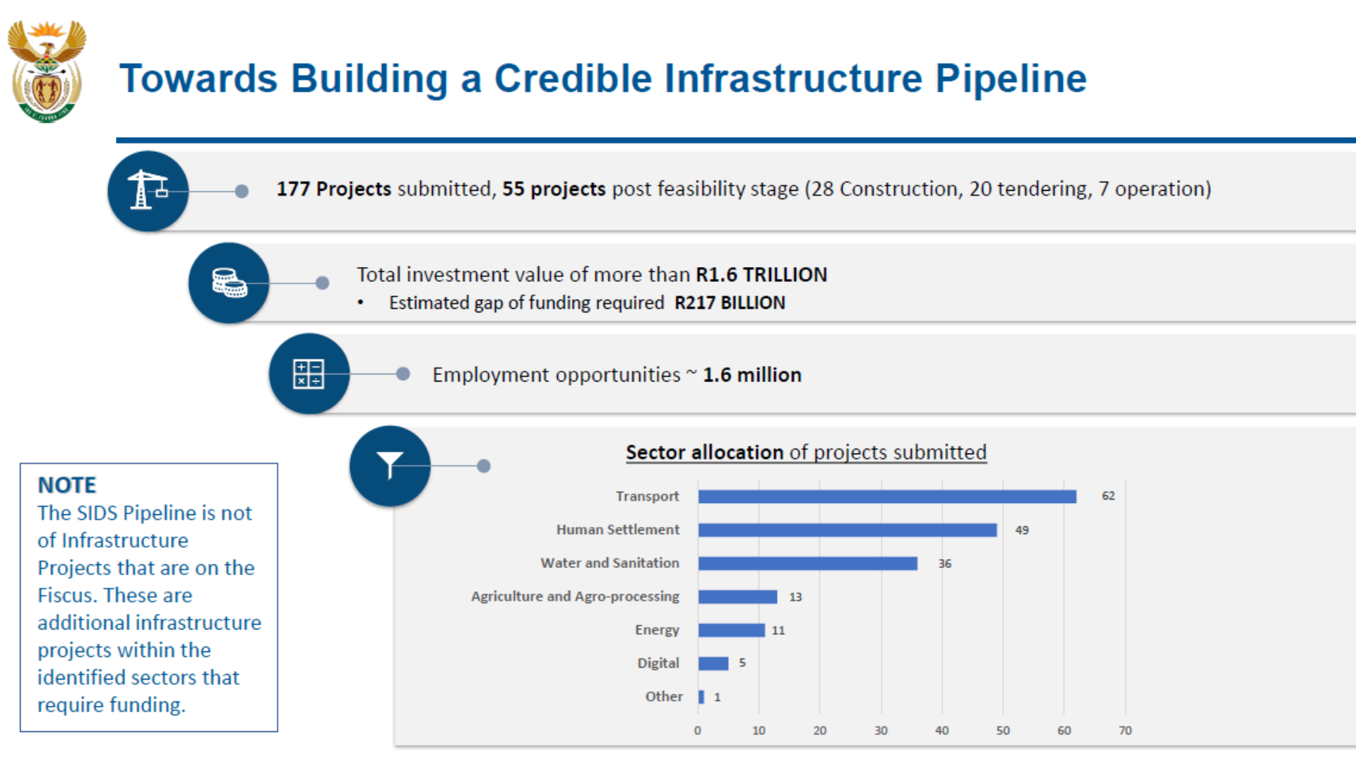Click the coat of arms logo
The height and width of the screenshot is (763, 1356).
tap(47, 71)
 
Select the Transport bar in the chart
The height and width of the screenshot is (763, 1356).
tap(887, 497)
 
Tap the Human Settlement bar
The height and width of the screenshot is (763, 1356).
tap(847, 530)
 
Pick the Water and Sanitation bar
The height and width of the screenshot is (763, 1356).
tap(808, 563)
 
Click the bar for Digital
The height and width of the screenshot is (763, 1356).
tap(713, 663)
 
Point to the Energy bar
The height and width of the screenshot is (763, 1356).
tap(732, 630)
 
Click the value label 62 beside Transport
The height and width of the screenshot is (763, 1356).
tap(1108, 496)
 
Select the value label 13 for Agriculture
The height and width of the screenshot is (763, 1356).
tap(795, 597)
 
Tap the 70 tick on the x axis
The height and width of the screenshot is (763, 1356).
tap(1125, 731)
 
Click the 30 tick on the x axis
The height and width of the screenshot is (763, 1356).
tap(881, 731)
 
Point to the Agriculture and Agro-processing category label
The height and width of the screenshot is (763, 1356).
tap(575, 596)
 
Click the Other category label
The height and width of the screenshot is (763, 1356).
tap(664, 697)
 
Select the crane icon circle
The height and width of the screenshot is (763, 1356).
tap(148, 191)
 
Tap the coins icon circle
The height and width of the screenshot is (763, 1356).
tap(229, 283)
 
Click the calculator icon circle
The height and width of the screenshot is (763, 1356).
tap(309, 374)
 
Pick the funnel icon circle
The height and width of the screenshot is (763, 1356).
tap(390, 466)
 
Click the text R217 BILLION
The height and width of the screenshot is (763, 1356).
tap(730, 303)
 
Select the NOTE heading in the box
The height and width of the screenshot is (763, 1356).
tap(66, 485)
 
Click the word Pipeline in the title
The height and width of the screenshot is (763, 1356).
tap(1011, 79)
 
